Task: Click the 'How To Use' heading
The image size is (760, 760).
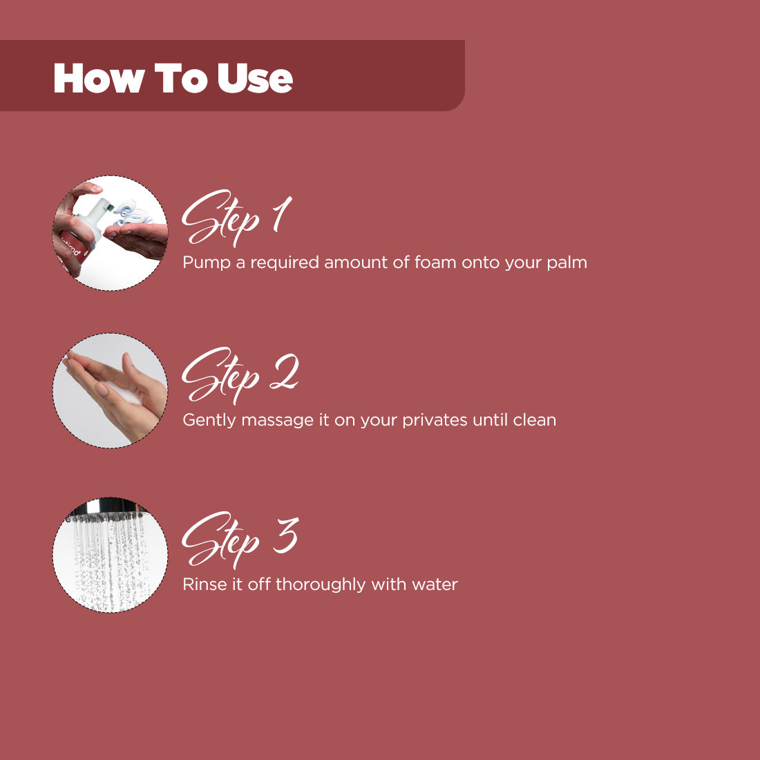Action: (173, 77)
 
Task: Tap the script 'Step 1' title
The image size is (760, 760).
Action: (236, 218)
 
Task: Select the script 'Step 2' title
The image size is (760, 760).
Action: (240, 376)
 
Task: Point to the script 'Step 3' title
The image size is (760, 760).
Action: (240, 540)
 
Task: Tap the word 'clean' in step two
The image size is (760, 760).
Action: (534, 419)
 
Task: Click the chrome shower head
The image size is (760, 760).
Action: (106, 510)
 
